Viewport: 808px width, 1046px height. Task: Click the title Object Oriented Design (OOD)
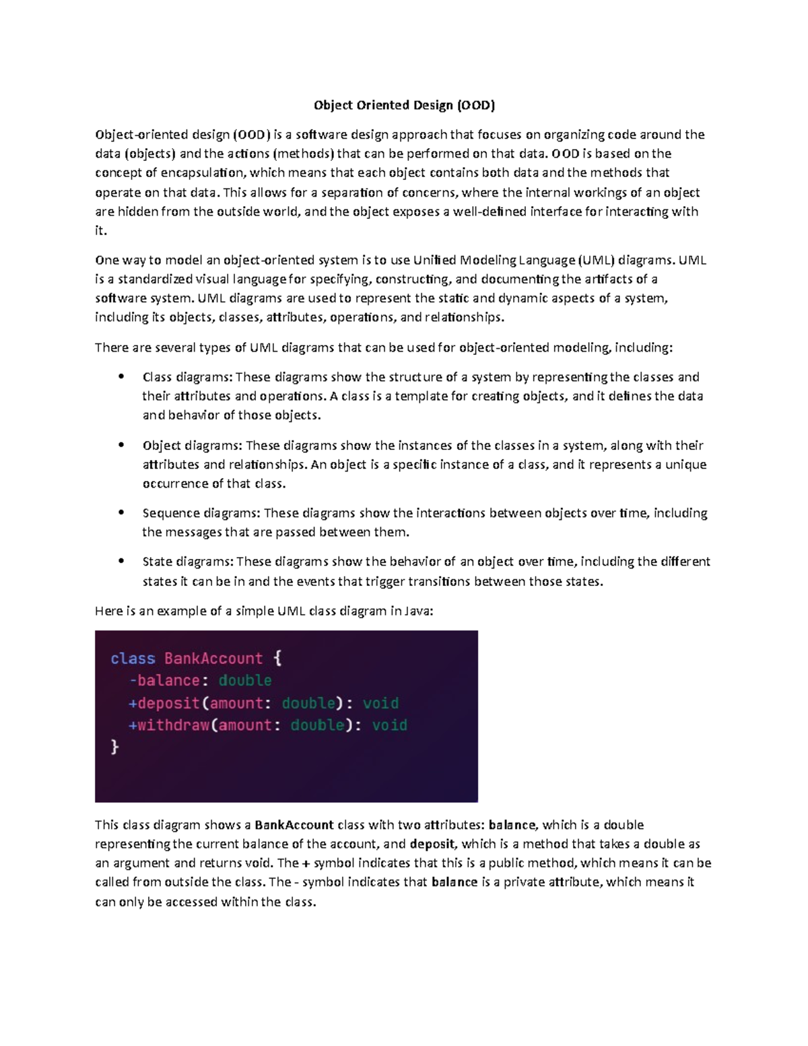[404, 105]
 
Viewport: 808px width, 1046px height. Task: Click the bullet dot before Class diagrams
[121, 377]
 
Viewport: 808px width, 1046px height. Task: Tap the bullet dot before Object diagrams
[121, 445]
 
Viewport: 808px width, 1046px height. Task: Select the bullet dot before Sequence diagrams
[121, 513]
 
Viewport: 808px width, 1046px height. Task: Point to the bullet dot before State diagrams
[121, 561]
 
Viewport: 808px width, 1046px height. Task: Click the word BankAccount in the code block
[213, 658]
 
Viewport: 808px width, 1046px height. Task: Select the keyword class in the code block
[133, 658]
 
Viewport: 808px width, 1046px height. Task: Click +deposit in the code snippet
[164, 703]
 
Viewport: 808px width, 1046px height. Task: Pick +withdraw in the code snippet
[168, 725]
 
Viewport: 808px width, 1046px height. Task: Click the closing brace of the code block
[114, 747]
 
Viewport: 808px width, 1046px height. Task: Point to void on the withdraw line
[389, 725]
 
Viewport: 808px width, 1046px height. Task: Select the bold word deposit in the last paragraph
[433, 844]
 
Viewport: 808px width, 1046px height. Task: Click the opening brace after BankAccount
[277, 658]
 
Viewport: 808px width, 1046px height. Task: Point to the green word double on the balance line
[245, 680]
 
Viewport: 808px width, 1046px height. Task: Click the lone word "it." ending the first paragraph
[101, 231]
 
